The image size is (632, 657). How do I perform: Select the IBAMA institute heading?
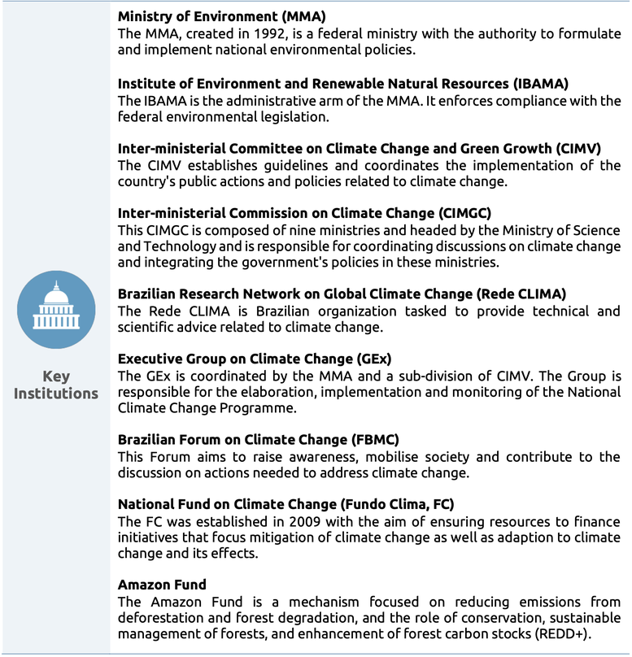tap(342, 83)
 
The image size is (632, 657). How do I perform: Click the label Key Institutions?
tap(56, 385)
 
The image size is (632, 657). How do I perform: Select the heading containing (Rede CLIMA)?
tap(342, 294)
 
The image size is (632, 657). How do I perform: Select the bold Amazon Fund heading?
tap(162, 585)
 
